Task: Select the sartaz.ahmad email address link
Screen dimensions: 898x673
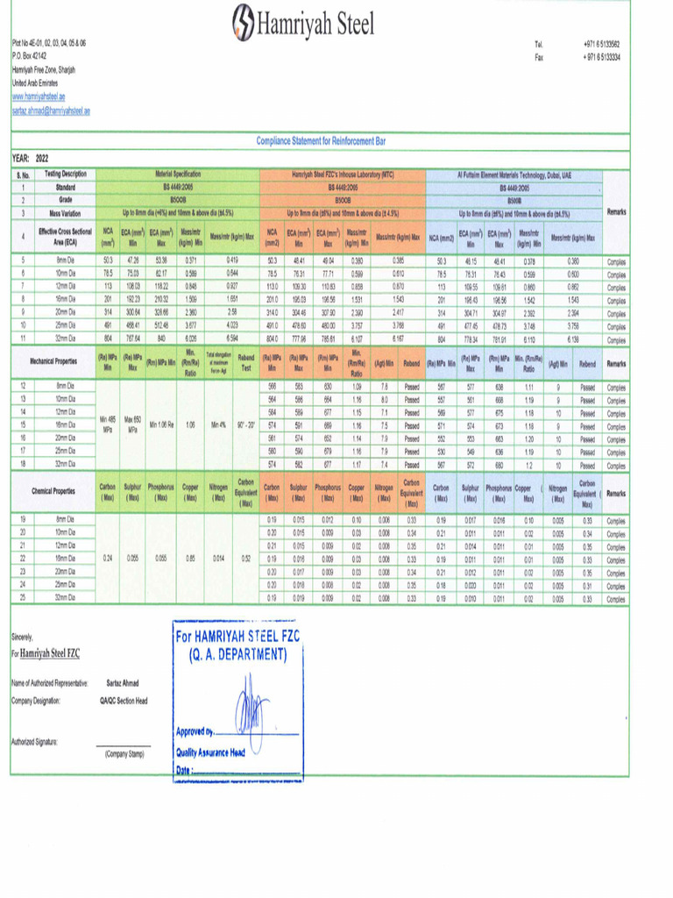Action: pyautogui.click(x=51, y=110)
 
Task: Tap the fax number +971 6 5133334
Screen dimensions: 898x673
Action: pyautogui.click(x=602, y=57)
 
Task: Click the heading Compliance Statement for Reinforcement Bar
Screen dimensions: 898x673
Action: pyautogui.click(x=321, y=140)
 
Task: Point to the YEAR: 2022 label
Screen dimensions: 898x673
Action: pyautogui.click(x=31, y=159)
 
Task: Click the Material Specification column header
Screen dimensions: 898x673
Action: pyautogui.click(x=178, y=175)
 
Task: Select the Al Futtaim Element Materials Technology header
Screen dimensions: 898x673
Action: pyautogui.click(x=514, y=175)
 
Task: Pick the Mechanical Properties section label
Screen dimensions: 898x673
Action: pyautogui.click(x=54, y=361)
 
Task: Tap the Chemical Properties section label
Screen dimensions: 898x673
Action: pyautogui.click(x=53, y=492)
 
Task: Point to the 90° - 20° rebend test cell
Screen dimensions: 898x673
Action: pyautogui.click(x=246, y=424)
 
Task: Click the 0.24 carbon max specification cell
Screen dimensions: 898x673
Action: pyautogui.click(x=108, y=558)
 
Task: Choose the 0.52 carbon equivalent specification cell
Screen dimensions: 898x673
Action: pyautogui.click(x=246, y=558)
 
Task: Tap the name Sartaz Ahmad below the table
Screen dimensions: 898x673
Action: pyautogui.click(x=122, y=682)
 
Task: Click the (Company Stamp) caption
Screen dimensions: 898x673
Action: pyautogui.click(x=124, y=753)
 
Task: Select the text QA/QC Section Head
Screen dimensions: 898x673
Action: pyautogui.click(x=124, y=701)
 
